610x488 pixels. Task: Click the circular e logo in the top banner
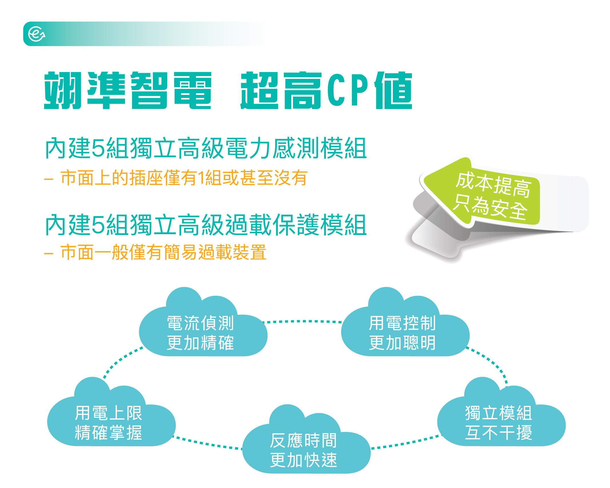(x=37, y=34)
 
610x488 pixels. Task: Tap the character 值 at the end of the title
(x=393, y=90)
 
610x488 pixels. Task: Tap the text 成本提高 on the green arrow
(x=493, y=185)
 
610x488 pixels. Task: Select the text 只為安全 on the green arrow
(x=490, y=206)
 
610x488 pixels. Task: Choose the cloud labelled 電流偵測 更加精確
(x=203, y=322)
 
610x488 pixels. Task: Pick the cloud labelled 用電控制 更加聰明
(x=405, y=322)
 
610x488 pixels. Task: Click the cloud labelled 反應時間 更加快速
(x=306, y=439)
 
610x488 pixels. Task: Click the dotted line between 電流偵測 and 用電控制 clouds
(x=302, y=321)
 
